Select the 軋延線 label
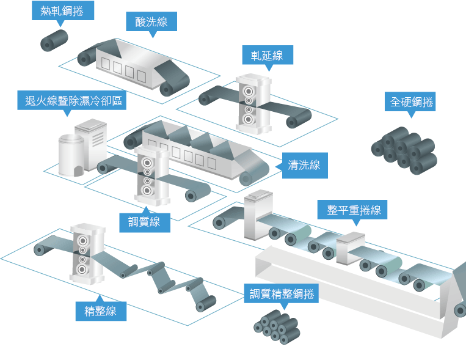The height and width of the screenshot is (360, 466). click(267, 56)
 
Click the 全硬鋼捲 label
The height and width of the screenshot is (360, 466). click(412, 102)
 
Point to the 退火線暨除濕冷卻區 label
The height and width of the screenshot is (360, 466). click(73, 100)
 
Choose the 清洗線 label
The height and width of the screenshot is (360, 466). click(304, 164)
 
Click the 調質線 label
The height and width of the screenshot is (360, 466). click(144, 221)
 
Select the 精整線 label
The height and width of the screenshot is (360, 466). click(100, 310)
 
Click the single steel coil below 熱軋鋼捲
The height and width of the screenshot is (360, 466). click(54, 40)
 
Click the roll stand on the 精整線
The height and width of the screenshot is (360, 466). click(86, 253)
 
